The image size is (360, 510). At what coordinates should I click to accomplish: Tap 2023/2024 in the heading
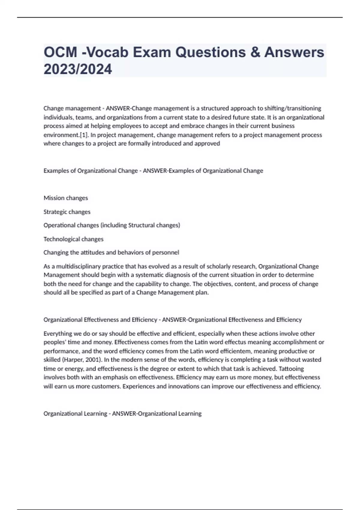pyautogui.click(x=78, y=69)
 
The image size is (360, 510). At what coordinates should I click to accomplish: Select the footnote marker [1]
pyautogui.click(x=84, y=135)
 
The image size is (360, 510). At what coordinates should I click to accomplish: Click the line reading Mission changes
pyautogui.click(x=66, y=198)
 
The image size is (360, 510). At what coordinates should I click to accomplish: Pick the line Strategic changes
pyautogui.click(x=67, y=212)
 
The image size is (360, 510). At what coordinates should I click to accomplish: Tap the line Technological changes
pyautogui.click(x=73, y=239)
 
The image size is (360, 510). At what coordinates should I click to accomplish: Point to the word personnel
pyautogui.click(x=166, y=253)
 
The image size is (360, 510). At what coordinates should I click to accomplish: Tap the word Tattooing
pyautogui.click(x=291, y=368)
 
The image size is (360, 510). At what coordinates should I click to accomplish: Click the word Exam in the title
pyautogui.click(x=152, y=52)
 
